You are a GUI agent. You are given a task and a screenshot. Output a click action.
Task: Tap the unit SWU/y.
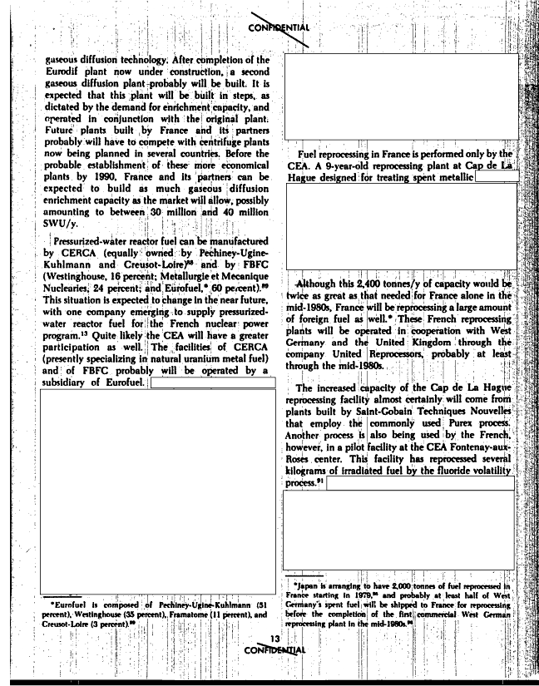point(60,224)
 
